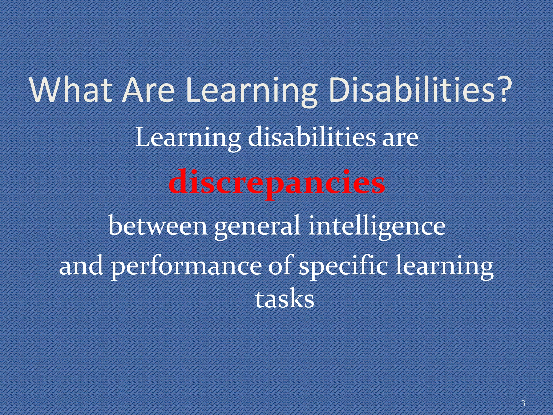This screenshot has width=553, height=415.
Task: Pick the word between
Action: [158, 226]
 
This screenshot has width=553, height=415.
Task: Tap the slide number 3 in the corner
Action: [523, 403]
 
